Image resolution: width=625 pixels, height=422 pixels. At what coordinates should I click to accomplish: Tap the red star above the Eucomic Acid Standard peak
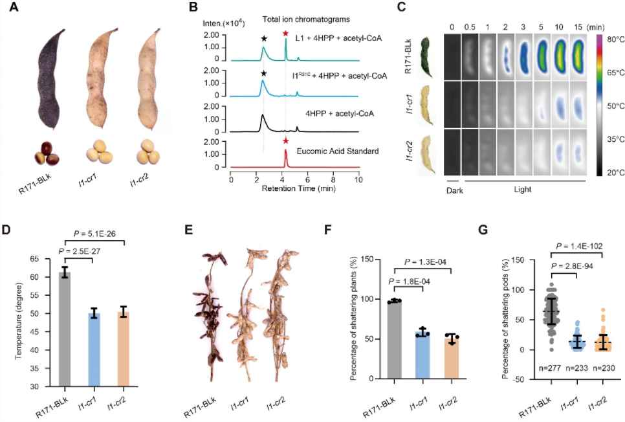click(x=285, y=140)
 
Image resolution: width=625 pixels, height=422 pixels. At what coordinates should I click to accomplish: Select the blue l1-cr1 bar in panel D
click(x=94, y=350)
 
